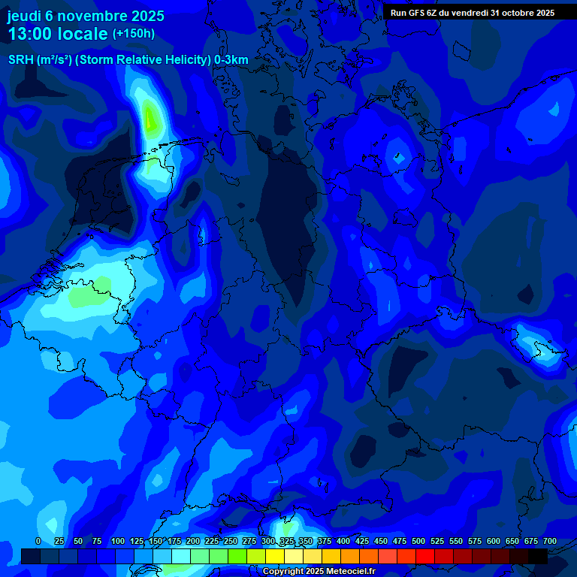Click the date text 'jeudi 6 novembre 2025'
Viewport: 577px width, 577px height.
tap(86, 16)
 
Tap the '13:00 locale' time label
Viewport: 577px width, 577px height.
tap(58, 34)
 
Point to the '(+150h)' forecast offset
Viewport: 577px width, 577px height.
tap(134, 34)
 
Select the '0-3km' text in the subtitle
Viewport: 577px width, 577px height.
tap(231, 60)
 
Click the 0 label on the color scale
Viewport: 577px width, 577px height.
tap(38, 541)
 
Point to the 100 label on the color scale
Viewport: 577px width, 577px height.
tap(118, 541)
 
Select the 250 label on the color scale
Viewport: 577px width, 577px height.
tap(231, 541)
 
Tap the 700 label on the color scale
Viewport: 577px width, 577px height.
tap(550, 541)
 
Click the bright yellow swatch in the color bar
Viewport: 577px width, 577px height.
tap(275, 556)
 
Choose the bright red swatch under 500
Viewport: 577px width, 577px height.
tap(425, 556)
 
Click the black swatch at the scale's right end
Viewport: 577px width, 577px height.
tap(538, 556)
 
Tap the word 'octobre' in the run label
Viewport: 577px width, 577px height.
tap(511, 13)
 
